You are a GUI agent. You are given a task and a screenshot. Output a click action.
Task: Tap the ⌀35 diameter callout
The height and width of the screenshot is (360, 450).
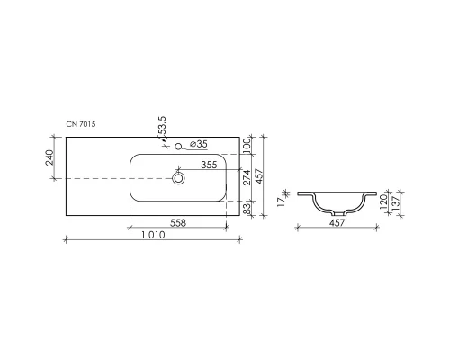[x=202, y=144]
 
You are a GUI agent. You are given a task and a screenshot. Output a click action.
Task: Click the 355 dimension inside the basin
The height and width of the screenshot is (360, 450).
[x=208, y=165]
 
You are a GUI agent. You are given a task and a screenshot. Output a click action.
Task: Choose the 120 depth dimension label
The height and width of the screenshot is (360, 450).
[x=382, y=202]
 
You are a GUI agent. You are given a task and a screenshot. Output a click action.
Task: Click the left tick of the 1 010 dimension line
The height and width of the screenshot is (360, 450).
[x=66, y=238]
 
